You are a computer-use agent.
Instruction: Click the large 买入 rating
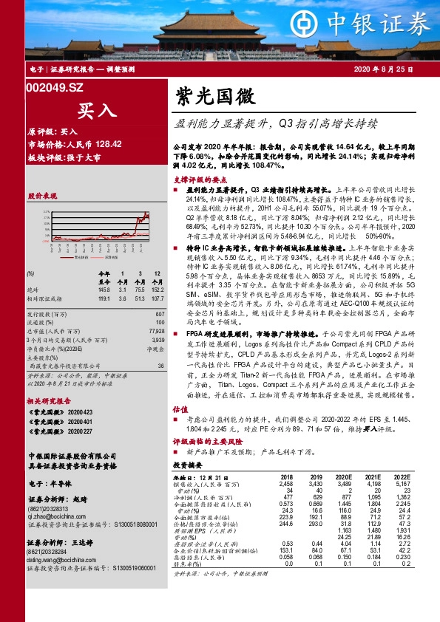point(97,110)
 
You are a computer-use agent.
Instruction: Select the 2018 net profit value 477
point(287,495)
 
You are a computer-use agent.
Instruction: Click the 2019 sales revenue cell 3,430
point(316,483)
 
